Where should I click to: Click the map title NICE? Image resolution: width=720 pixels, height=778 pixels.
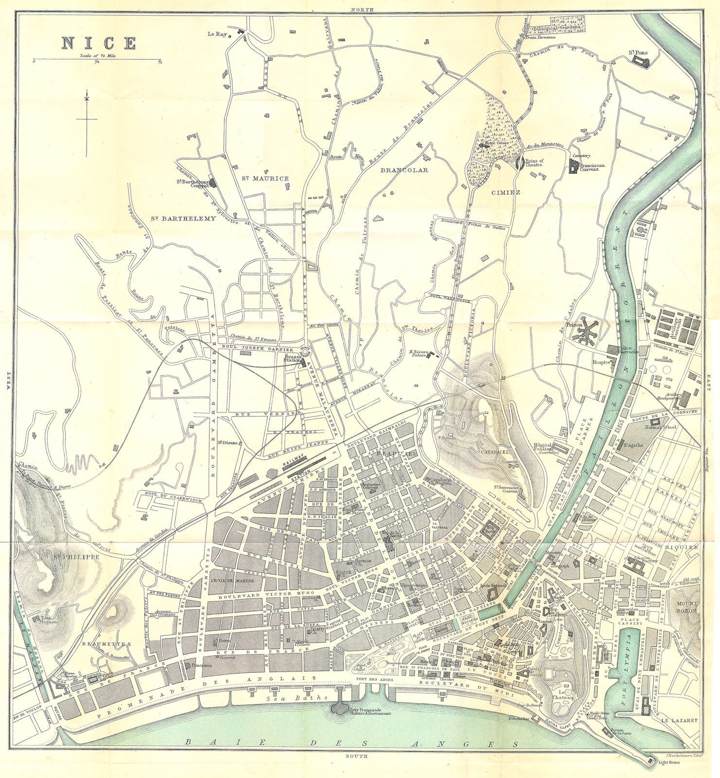coord(99,43)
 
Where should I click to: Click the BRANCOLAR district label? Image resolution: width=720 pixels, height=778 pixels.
coord(404,170)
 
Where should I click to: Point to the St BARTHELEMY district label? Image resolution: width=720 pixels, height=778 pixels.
coord(182,218)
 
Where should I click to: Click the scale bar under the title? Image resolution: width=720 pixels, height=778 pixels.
coord(97,60)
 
